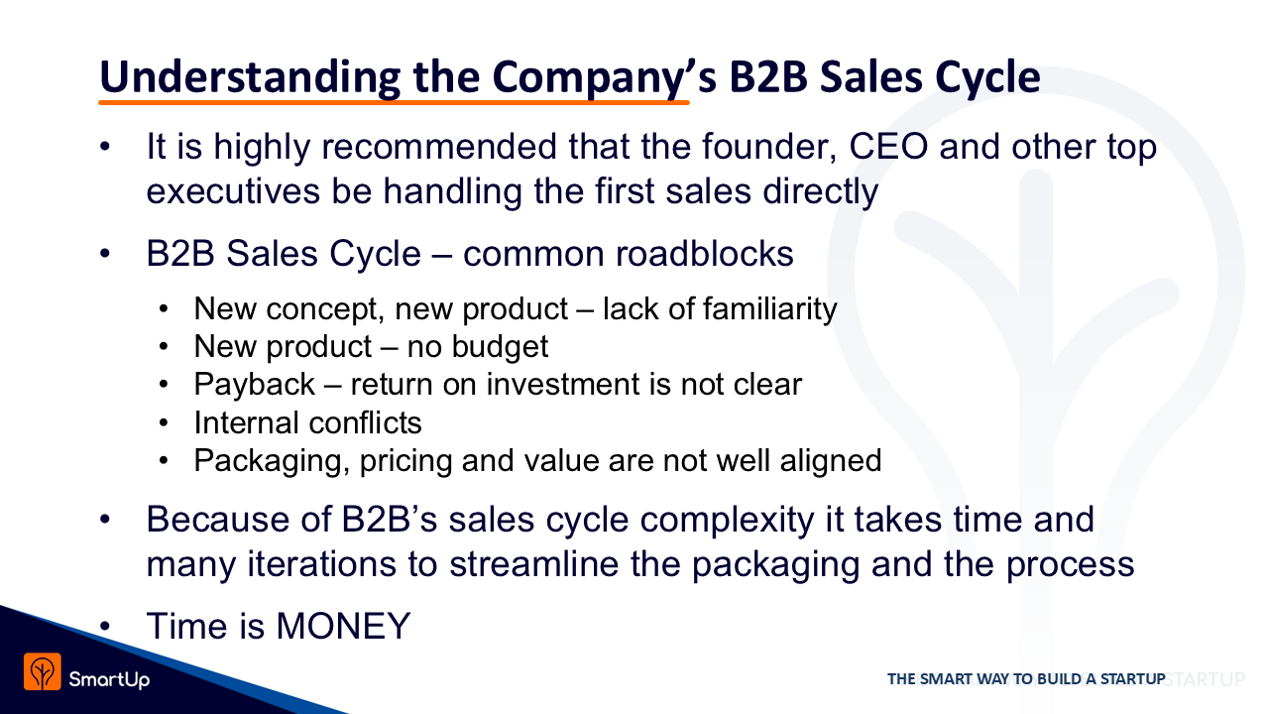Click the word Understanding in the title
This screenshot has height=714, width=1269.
[250, 77]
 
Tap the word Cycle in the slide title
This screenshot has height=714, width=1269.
[987, 77]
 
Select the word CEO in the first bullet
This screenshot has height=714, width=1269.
[888, 147]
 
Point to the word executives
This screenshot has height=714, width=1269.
[233, 191]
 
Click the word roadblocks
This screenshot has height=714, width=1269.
[705, 253]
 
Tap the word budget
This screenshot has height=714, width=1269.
[501, 347]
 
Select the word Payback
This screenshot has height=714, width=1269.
[255, 384]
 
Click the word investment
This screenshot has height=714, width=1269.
[562, 384]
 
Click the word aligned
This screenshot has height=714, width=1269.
[831, 460]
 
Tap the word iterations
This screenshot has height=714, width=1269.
[321, 564]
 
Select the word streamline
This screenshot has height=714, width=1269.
[533, 564]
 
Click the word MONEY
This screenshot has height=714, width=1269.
[343, 626]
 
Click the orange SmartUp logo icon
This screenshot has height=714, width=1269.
[42, 671]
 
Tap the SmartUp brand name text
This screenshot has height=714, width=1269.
[109, 679]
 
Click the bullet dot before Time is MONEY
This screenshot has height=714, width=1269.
[105, 627]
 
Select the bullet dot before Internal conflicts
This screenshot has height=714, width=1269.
[164, 422]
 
